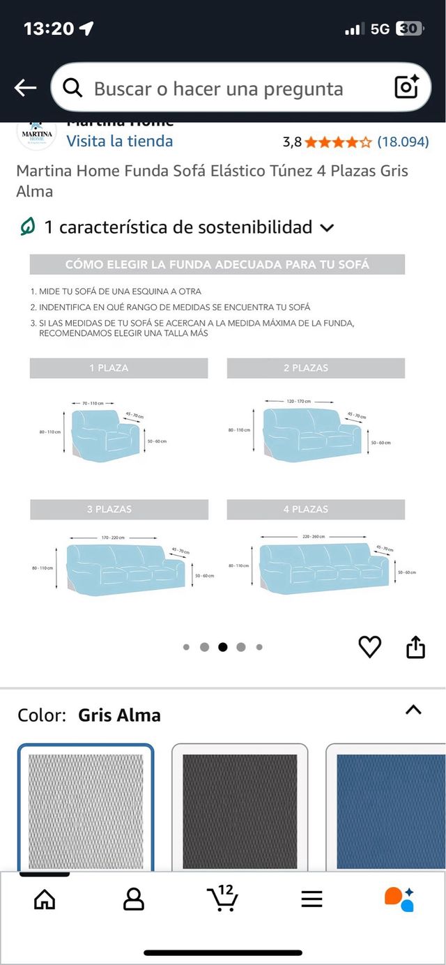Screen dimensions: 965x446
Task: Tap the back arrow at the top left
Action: tap(25, 88)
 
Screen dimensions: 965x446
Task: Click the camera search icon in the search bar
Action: tap(406, 87)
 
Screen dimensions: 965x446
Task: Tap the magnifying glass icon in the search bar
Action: tap(72, 88)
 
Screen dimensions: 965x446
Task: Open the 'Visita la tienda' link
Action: tap(119, 141)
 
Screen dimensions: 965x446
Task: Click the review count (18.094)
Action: tap(403, 142)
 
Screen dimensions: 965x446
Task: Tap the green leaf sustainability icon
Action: tap(27, 227)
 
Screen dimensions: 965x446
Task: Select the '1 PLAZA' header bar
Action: tap(118, 368)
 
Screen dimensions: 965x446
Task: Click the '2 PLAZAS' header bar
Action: tap(316, 368)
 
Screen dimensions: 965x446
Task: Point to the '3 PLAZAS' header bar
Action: tap(118, 509)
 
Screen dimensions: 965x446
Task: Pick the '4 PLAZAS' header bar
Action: tap(316, 509)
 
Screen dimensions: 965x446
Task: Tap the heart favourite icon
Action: tap(369, 647)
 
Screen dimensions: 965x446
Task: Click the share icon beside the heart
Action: tap(415, 647)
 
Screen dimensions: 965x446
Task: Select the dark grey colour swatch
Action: tap(240, 811)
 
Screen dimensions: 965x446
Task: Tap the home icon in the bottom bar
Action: tap(45, 899)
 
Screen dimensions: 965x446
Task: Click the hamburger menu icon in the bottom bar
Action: tap(312, 899)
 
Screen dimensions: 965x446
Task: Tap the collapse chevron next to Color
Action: tap(413, 710)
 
